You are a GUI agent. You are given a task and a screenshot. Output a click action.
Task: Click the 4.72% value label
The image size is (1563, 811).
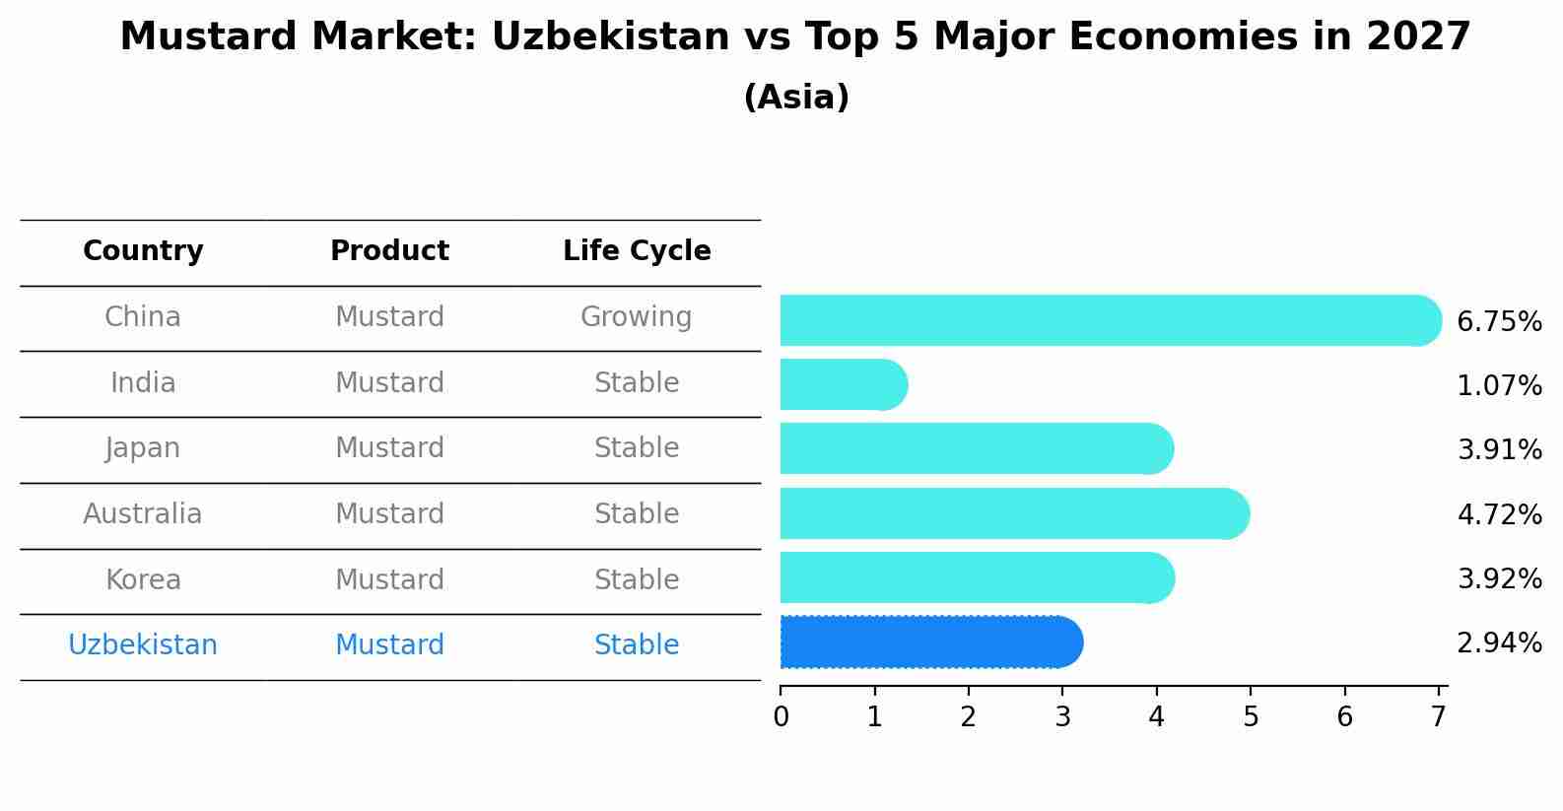pos(1499,514)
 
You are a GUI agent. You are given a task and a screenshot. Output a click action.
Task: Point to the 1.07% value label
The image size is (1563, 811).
pos(1499,385)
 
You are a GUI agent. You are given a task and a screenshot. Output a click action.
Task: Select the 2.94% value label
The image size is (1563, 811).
pos(1499,643)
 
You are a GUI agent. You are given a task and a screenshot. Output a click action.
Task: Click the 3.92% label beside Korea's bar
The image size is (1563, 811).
pos(1499,578)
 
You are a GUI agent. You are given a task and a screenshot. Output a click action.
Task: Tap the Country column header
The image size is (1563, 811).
pos(143,251)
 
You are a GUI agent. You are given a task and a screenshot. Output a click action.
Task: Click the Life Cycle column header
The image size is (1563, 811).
pos(637,251)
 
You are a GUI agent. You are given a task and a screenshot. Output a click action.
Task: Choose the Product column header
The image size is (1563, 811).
pos(389,251)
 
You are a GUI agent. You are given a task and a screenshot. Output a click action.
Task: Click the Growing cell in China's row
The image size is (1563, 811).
pos(636,317)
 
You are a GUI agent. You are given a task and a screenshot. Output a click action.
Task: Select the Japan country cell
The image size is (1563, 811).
pos(143,448)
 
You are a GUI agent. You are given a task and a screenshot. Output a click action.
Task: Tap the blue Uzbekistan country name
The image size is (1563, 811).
pos(143,645)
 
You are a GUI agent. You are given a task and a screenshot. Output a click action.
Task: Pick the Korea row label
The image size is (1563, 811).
pos(143,579)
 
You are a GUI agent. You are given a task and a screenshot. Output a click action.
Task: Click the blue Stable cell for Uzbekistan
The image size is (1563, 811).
pos(636,645)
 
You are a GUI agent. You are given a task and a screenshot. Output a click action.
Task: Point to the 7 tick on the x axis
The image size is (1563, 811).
pos(1439,716)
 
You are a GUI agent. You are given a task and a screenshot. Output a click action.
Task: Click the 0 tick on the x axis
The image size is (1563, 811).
pos(781,716)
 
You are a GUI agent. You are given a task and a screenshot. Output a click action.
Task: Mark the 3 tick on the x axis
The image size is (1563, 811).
pos(1062,716)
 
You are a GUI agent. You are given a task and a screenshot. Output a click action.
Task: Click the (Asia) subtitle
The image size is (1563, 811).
pos(796,98)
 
